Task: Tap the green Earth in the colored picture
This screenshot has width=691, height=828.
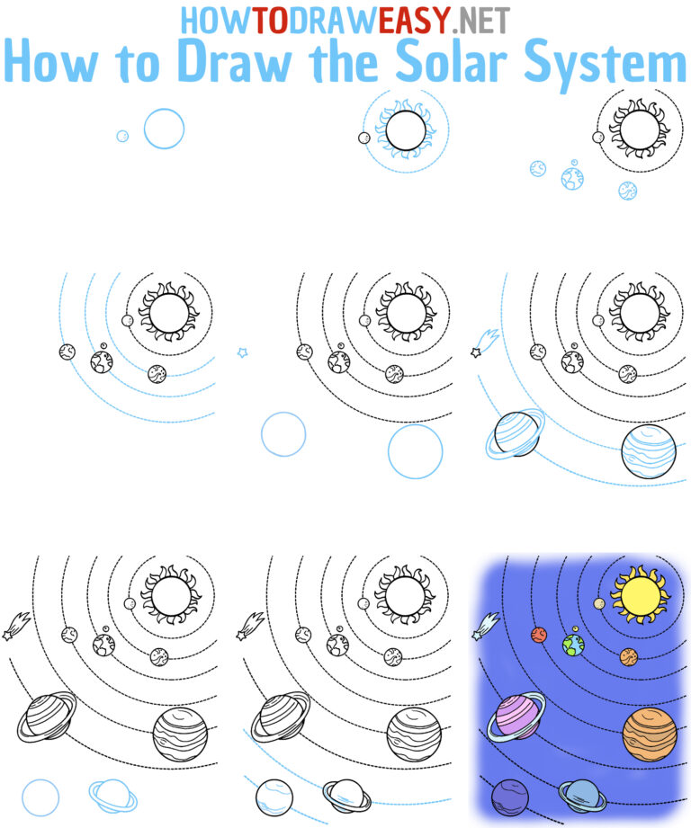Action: [x=572, y=645]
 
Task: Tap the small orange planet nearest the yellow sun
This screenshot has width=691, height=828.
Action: [x=629, y=656]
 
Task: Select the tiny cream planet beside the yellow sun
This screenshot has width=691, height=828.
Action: [x=599, y=603]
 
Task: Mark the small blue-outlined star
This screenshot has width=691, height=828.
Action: [x=242, y=352]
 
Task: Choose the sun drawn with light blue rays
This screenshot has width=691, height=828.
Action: [x=405, y=135]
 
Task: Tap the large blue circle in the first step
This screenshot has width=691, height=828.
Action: [x=164, y=129]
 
